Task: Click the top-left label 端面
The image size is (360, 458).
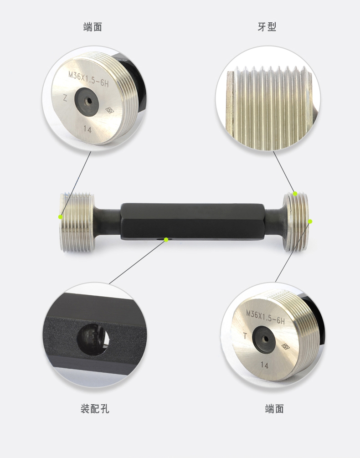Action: pos(93,27)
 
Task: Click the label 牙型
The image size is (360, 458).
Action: pos(267,27)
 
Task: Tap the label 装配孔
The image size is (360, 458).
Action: pos(95,409)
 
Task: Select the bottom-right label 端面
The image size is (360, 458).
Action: pos(274,409)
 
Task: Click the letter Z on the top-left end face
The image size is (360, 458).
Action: pos(65,98)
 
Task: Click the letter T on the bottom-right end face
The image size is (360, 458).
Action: pos(245,336)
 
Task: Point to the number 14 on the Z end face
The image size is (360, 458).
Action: pos(87,129)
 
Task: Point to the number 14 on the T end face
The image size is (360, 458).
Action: pos(264,365)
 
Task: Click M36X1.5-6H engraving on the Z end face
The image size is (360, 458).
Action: pos(88,79)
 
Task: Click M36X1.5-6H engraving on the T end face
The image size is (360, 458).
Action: pos(265,318)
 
